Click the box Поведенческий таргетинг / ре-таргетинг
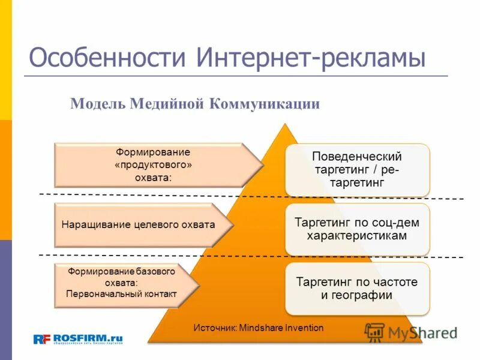pos(357,169)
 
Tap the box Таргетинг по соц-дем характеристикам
pos(357,229)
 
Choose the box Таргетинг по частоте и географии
pos(357,289)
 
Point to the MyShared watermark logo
pos(412,332)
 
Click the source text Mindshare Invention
pos(259,328)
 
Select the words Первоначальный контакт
pos(121,294)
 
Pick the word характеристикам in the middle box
pos(357,236)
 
